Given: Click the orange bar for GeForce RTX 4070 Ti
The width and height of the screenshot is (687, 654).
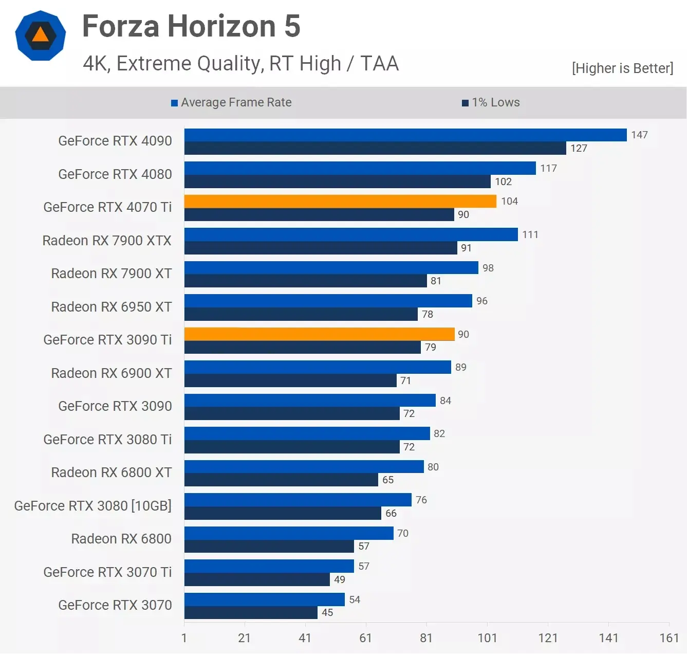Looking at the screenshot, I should [340, 201].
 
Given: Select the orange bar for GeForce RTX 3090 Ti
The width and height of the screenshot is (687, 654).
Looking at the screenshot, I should [319, 334].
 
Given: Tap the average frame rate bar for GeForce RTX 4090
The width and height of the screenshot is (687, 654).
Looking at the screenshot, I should [405, 135].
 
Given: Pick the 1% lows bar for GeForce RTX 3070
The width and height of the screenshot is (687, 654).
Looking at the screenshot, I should [251, 612].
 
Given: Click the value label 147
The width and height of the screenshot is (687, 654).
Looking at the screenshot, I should [639, 135].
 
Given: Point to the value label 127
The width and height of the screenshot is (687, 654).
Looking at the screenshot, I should [579, 148].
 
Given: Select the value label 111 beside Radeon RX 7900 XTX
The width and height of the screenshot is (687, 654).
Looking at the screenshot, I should [530, 234].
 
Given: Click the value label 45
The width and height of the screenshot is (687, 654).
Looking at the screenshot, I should [327, 612].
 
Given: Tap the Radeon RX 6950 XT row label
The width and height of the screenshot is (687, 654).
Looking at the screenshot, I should [112, 307].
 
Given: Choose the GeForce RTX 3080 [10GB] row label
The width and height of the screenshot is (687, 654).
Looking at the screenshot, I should [93, 506].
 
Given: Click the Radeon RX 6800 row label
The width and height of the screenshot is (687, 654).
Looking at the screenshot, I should [121, 539].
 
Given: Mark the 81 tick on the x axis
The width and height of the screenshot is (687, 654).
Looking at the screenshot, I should [426, 638].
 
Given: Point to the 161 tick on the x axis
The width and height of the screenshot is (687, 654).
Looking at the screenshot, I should [669, 638].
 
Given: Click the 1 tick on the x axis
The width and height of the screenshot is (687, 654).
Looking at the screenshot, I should [184, 638].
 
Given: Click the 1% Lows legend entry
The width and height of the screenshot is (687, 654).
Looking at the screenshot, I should [491, 102].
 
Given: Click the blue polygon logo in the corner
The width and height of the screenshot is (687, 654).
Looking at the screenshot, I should [41, 35].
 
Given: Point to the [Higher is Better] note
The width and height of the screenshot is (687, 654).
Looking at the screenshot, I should [622, 68].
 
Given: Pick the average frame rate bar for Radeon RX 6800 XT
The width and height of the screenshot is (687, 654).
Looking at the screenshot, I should [304, 466].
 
